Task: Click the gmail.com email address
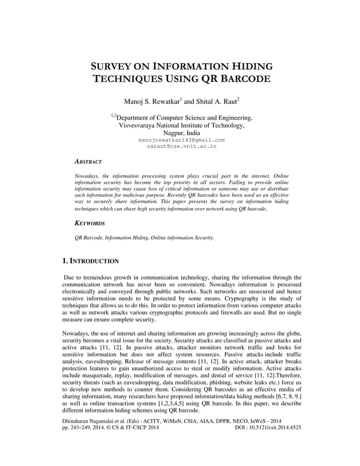pos(181,139)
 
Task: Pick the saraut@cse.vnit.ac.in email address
pos(181,146)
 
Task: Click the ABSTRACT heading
pos(88,161)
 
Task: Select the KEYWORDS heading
pos(90,223)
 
